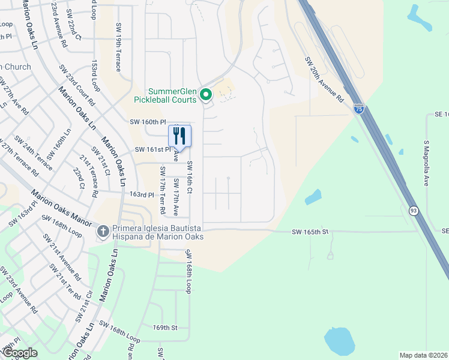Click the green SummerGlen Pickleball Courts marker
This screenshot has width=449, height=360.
[206, 95]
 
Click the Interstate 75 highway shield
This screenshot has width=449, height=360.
[358, 109]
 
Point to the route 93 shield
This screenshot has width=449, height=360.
[414, 211]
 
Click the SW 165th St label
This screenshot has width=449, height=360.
[311, 232]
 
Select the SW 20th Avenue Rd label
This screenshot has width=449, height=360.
[324, 79]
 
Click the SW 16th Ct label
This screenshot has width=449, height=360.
[189, 177]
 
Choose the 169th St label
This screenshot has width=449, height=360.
[166, 328]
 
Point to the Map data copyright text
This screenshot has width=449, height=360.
[424, 355]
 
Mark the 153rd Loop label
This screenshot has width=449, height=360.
[95, 79]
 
